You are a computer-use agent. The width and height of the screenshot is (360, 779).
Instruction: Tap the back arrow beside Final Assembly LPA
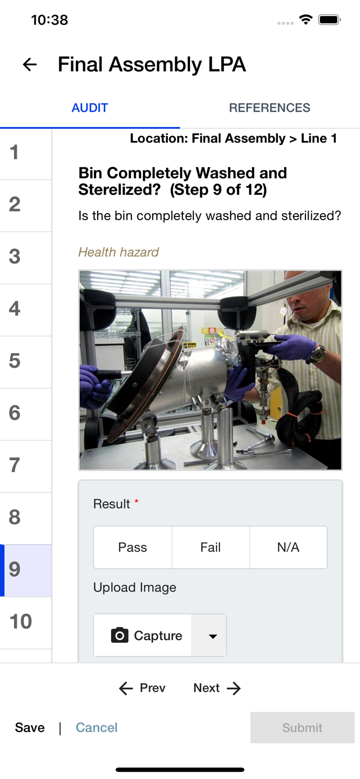click(30, 64)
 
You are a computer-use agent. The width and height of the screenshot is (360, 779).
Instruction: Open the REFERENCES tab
click(270, 108)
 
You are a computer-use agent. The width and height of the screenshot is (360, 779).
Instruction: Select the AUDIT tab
click(90, 108)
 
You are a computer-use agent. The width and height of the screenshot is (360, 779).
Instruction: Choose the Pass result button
click(132, 547)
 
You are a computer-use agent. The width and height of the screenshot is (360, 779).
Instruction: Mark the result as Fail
click(210, 547)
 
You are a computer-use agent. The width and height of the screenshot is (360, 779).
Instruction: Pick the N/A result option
click(288, 547)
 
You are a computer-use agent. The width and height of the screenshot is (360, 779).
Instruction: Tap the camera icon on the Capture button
click(119, 635)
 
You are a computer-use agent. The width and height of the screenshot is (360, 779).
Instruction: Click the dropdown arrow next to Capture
click(213, 636)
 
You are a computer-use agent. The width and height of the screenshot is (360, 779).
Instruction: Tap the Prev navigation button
click(142, 688)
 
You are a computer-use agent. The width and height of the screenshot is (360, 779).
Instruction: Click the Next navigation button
click(217, 688)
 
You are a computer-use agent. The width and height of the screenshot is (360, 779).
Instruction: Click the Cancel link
click(97, 728)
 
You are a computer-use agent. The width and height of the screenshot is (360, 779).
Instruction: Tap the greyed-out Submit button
click(302, 728)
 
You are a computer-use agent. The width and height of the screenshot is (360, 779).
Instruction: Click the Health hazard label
click(118, 252)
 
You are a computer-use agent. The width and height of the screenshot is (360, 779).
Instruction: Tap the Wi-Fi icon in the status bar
click(306, 20)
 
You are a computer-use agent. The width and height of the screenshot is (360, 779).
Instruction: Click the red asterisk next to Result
click(137, 501)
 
